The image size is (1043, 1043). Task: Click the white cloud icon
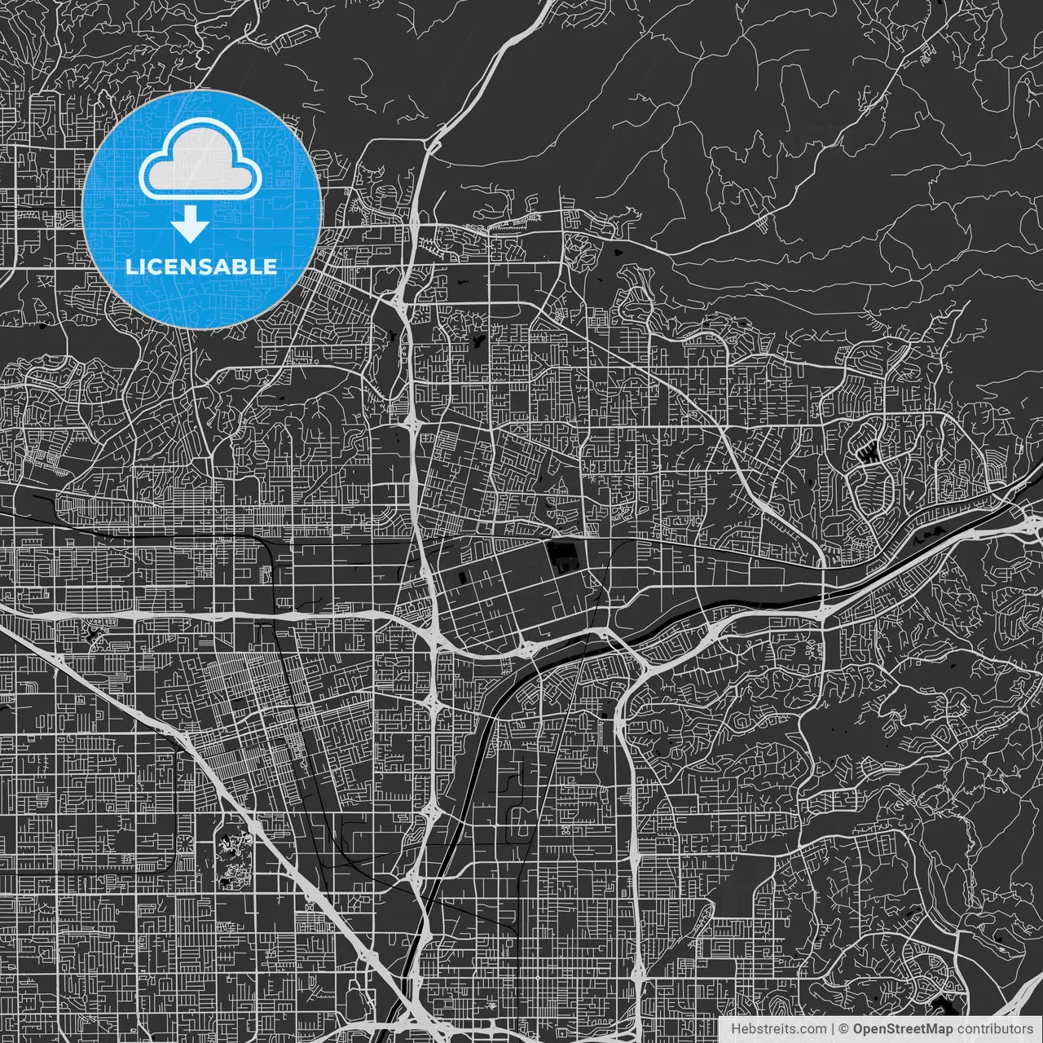click(x=200, y=164)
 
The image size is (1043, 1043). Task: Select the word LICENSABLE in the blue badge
click(x=200, y=266)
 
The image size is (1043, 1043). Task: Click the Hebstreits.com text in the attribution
click(x=778, y=1029)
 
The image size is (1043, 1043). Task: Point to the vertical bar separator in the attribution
click(x=832, y=1029)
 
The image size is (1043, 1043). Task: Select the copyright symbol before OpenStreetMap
click(x=844, y=1029)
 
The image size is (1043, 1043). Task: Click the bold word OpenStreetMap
click(x=903, y=1029)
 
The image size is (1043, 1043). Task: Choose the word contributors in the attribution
click(x=995, y=1029)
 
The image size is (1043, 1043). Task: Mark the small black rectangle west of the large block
click(x=464, y=578)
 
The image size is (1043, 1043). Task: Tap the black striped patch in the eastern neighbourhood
click(x=869, y=453)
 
